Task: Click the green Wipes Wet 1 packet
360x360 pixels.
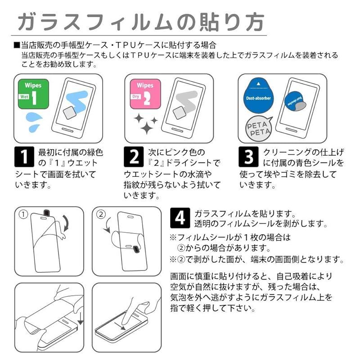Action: click(33, 94)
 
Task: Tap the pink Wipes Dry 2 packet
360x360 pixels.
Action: click(145, 94)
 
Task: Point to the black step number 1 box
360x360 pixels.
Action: click(24, 157)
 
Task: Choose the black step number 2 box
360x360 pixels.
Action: click(134, 157)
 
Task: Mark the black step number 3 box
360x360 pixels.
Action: click(248, 157)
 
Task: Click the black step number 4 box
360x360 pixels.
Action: click(180, 218)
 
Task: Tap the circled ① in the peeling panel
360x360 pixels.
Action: click(23, 215)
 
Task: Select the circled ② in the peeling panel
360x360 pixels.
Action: click(101, 215)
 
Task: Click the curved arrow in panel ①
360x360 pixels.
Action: click(67, 223)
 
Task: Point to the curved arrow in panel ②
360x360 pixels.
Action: click(107, 225)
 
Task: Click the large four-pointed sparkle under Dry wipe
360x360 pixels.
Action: click(147, 127)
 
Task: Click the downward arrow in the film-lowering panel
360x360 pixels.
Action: click(81, 318)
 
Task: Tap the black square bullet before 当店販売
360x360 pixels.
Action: click(17, 45)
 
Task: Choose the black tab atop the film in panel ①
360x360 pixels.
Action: click(47, 213)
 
